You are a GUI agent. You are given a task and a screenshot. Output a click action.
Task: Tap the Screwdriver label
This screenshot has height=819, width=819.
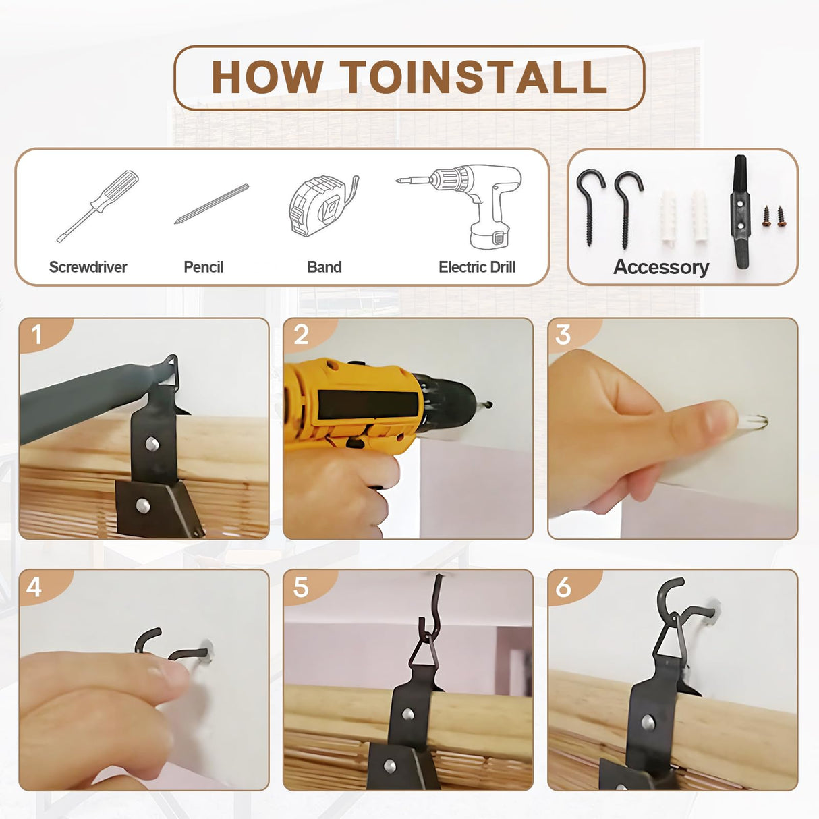click(x=88, y=267)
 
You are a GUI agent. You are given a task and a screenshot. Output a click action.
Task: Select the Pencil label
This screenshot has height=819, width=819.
click(x=203, y=267)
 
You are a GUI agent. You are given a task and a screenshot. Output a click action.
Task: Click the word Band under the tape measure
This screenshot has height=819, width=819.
click(x=324, y=267)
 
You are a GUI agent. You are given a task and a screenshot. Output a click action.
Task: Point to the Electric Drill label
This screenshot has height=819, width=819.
click(x=477, y=267)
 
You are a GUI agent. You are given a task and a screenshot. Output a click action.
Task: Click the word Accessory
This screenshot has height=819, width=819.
click(x=661, y=267)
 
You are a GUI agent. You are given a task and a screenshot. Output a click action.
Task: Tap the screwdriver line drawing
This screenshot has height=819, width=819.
click(x=98, y=206)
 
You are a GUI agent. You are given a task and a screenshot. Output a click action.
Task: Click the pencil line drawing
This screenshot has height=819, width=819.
click(x=211, y=204)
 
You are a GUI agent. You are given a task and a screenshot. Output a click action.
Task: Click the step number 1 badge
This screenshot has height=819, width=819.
click(x=45, y=335)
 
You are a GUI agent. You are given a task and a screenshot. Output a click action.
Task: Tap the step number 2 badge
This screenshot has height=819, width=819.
click(x=309, y=335)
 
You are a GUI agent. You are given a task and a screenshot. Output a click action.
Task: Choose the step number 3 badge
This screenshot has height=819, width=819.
click(x=573, y=335)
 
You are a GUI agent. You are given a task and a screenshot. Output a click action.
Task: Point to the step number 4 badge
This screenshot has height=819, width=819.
click(x=45, y=588)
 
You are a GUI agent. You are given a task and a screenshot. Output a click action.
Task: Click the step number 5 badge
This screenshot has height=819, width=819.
click(x=309, y=588)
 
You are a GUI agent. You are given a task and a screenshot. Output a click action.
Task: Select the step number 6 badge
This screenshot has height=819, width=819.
click(x=573, y=588)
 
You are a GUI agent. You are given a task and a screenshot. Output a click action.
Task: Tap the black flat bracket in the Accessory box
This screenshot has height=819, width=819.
click(x=740, y=212)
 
